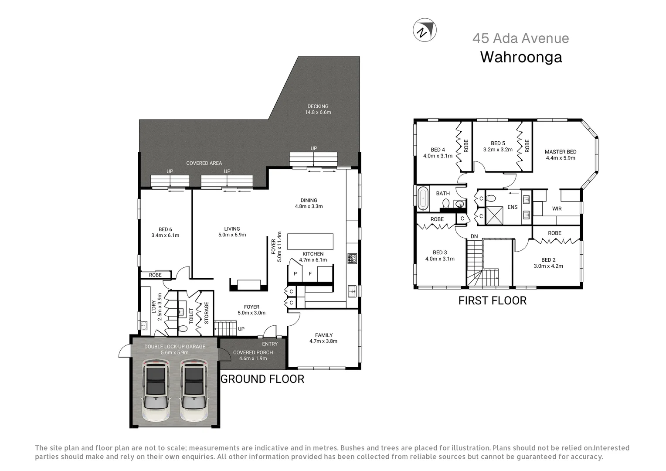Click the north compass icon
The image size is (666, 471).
[x=425, y=31]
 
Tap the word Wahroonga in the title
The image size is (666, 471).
[x=521, y=57]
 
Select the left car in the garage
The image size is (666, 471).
[x=156, y=390]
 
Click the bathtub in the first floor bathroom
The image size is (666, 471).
[x=423, y=198]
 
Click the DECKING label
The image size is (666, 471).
[x=318, y=106]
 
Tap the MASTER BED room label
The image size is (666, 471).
[x=561, y=152]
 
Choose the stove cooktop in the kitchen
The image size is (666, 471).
[x=352, y=259]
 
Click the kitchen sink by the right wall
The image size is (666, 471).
[x=352, y=291]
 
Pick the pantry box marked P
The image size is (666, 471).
[x=295, y=274]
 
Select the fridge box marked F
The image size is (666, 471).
[x=310, y=274]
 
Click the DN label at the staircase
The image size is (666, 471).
[x=474, y=236]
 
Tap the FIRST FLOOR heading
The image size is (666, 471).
[x=492, y=300]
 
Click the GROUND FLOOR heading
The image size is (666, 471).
[x=262, y=379]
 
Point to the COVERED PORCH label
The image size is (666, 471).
[x=253, y=352]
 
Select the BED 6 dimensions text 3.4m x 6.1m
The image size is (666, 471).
[x=165, y=235]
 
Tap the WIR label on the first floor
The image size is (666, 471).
[x=557, y=209]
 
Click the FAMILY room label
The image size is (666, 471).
[x=323, y=335]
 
